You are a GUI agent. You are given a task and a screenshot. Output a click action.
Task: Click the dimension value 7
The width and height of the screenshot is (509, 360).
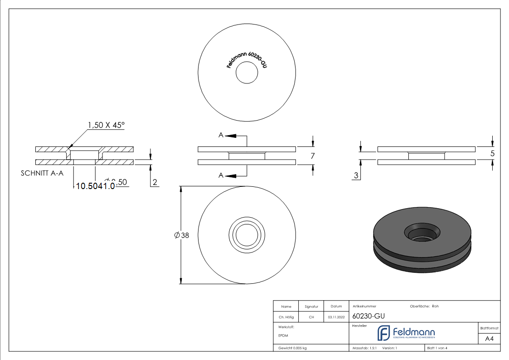pos(312,156)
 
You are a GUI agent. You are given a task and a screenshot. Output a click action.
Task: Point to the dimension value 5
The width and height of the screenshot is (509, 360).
pos(492,154)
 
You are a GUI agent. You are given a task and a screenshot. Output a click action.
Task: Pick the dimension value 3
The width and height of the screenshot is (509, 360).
pos(357,175)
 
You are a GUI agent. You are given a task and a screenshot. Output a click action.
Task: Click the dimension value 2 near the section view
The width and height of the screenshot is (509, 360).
pos(155,182)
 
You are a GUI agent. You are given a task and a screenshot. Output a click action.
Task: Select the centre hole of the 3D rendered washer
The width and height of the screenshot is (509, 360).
pos(420,233)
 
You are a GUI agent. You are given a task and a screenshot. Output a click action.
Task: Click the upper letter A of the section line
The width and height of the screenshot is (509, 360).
pos(221,135)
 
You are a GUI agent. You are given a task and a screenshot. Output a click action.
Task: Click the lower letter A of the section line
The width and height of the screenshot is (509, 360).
pos(221,175)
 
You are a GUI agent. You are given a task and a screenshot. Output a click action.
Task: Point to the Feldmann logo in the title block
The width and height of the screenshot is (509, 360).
pos(406,333)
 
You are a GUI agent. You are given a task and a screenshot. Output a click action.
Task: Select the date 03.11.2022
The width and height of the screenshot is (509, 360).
pos(336,317)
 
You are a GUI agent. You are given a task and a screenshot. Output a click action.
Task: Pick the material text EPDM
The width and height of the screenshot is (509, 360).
pos(283,336)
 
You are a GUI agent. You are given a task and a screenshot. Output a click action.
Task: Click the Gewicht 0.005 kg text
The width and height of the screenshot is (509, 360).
pos(292,348)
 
